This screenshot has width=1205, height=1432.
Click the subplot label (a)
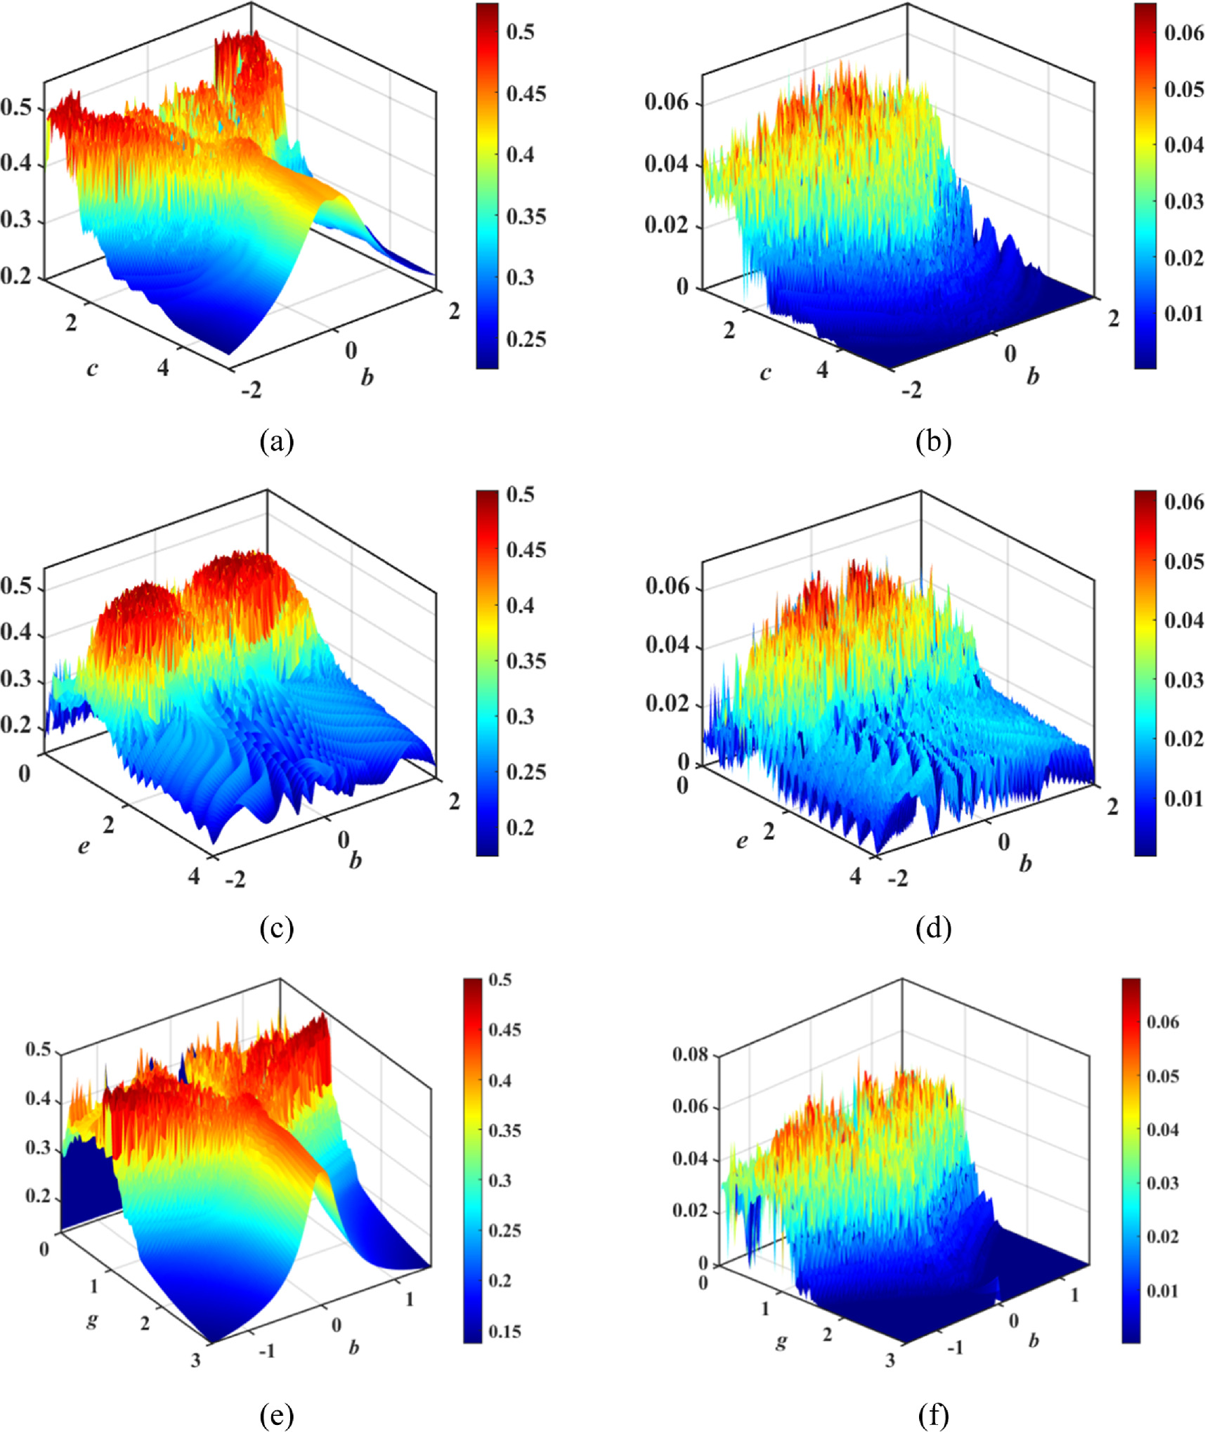(x=276, y=441)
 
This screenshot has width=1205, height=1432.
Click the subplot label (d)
(x=934, y=928)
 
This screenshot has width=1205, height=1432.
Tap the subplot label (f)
(x=934, y=1414)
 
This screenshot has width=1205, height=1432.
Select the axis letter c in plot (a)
(x=92, y=368)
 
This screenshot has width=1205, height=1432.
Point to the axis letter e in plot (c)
(x=84, y=846)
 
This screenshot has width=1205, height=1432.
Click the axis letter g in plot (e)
(x=92, y=1320)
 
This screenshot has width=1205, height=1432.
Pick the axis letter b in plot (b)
(x=1032, y=376)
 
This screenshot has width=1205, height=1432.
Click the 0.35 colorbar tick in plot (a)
(x=526, y=216)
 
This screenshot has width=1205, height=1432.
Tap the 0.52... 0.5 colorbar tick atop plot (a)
(x=520, y=32)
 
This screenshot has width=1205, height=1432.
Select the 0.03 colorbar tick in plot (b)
(x=1184, y=202)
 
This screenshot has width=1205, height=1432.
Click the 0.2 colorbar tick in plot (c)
(x=520, y=828)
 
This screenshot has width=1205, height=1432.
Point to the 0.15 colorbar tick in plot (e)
(x=504, y=1332)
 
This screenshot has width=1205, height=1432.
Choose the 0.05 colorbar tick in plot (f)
(x=1163, y=1076)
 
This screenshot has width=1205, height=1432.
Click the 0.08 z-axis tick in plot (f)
(x=690, y=1054)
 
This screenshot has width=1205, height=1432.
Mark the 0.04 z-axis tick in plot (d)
(x=668, y=644)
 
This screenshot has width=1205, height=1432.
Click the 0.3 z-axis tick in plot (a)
(x=15, y=220)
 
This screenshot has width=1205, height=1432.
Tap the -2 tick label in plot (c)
(x=235, y=878)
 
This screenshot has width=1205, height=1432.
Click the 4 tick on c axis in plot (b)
(x=822, y=369)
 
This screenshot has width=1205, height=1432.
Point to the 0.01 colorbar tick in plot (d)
(x=1184, y=799)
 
